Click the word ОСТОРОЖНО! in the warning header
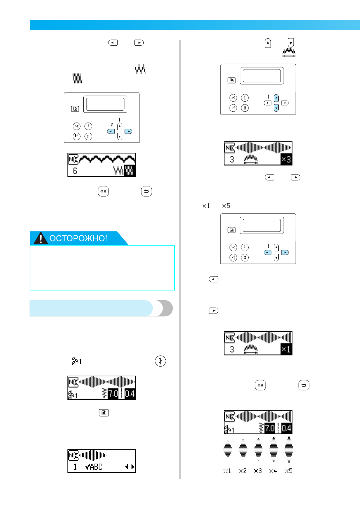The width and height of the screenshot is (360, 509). point(78,238)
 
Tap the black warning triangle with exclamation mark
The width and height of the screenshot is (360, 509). point(40,238)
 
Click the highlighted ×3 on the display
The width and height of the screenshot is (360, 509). point(286,159)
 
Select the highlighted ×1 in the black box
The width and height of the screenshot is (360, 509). point(286,349)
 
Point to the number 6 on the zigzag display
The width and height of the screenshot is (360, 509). point(75,171)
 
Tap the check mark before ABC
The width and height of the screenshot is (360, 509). point(88,467)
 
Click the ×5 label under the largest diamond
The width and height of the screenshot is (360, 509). point(288,471)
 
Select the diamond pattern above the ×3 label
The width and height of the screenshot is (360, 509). point(258,449)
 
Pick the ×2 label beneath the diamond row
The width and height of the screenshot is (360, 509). point(242,471)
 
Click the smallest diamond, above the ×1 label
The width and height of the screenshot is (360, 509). point(228,449)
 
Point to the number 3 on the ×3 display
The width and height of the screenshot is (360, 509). point(232,159)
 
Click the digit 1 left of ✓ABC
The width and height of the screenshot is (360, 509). point(75,467)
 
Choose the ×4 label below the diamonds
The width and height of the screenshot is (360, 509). point(273,471)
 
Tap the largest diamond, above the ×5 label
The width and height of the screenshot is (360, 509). point(289,449)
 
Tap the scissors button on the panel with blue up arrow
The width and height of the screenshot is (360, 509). point(233,98)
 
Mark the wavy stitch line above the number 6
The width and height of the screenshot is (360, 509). point(107,159)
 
